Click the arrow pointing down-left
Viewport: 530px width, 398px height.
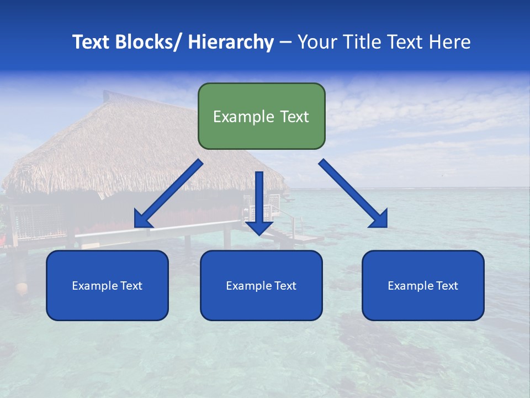point(168,194)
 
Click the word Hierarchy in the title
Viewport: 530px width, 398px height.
point(230,42)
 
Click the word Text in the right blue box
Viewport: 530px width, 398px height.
point(446,286)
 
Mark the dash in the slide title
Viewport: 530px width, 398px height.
point(285,42)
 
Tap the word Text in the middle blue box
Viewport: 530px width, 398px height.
point(285,286)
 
